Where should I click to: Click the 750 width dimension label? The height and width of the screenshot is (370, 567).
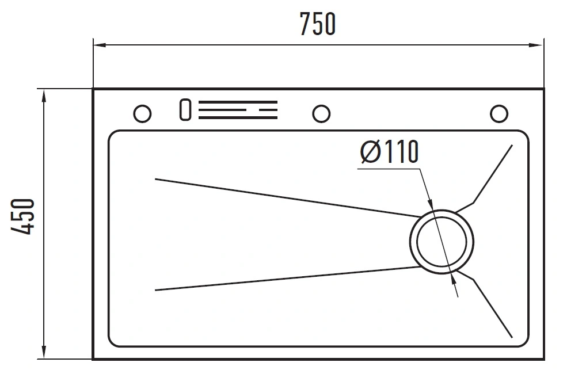pos(317,24)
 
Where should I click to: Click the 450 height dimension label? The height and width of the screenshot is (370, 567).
pos(24,216)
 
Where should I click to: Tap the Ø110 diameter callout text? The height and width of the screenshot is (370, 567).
pos(388,152)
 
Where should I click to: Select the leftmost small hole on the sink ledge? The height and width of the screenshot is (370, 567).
pos(142,113)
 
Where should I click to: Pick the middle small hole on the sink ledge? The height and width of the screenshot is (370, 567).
pos(321,113)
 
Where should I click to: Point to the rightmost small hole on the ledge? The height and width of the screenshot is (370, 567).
pos(498,113)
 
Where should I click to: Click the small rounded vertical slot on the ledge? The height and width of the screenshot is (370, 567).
pos(185,110)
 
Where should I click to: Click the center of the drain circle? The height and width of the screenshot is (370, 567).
pos(442,241)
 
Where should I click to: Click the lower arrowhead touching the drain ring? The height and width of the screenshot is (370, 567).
pos(454,279)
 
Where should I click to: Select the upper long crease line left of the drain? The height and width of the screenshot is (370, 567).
pos(288,197)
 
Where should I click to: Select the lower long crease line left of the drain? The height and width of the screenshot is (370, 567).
pos(288,278)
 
